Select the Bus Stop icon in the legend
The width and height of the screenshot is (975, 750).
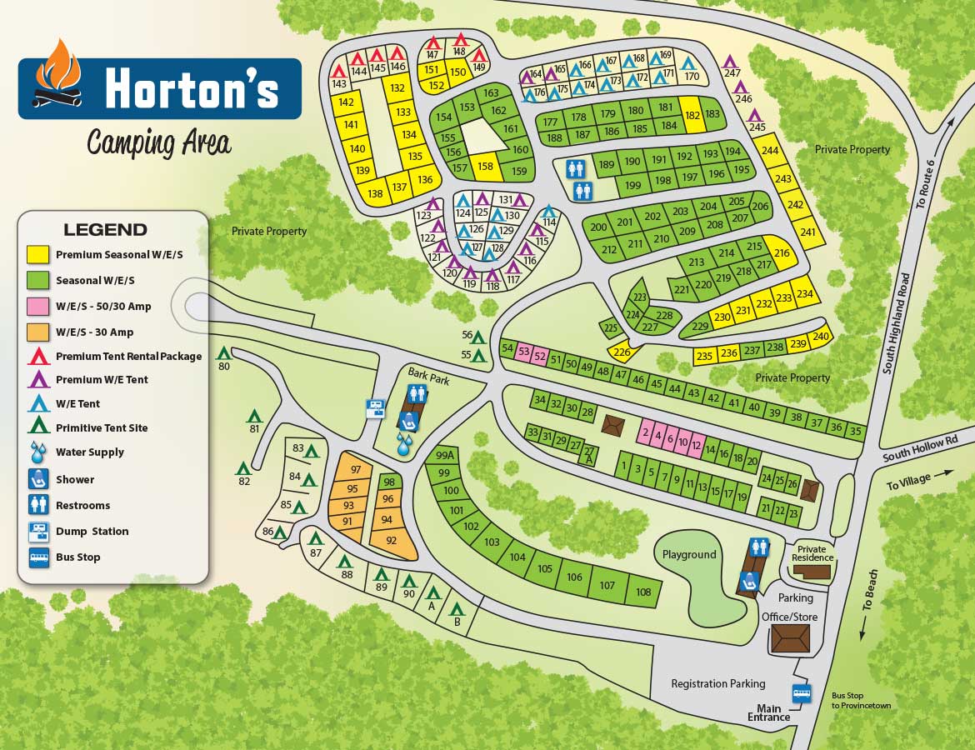(x=38, y=557)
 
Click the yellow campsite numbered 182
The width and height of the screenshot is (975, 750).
(x=692, y=116)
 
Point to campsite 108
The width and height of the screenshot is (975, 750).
(x=642, y=592)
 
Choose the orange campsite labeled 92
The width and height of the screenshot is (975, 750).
(x=392, y=540)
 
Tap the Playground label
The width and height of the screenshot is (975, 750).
(x=689, y=554)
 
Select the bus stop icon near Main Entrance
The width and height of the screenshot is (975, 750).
(x=802, y=692)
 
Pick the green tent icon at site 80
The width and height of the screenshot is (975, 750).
(x=223, y=353)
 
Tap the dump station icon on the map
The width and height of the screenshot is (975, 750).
(x=377, y=408)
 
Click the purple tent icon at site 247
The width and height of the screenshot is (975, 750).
(x=731, y=61)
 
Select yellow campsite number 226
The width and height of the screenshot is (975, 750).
(x=621, y=352)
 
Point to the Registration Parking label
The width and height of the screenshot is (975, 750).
(x=717, y=683)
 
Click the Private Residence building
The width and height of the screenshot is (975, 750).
(x=812, y=572)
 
